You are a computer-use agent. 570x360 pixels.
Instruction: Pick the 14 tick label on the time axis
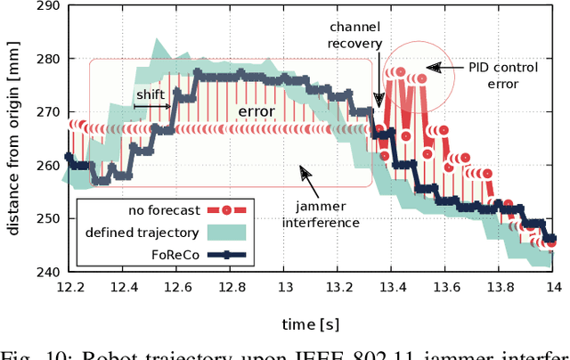point(554,287)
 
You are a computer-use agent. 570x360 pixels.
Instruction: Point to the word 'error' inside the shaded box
point(255,111)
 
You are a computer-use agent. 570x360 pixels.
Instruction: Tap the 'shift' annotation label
point(151,94)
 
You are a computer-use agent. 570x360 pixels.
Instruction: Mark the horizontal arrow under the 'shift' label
point(151,106)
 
